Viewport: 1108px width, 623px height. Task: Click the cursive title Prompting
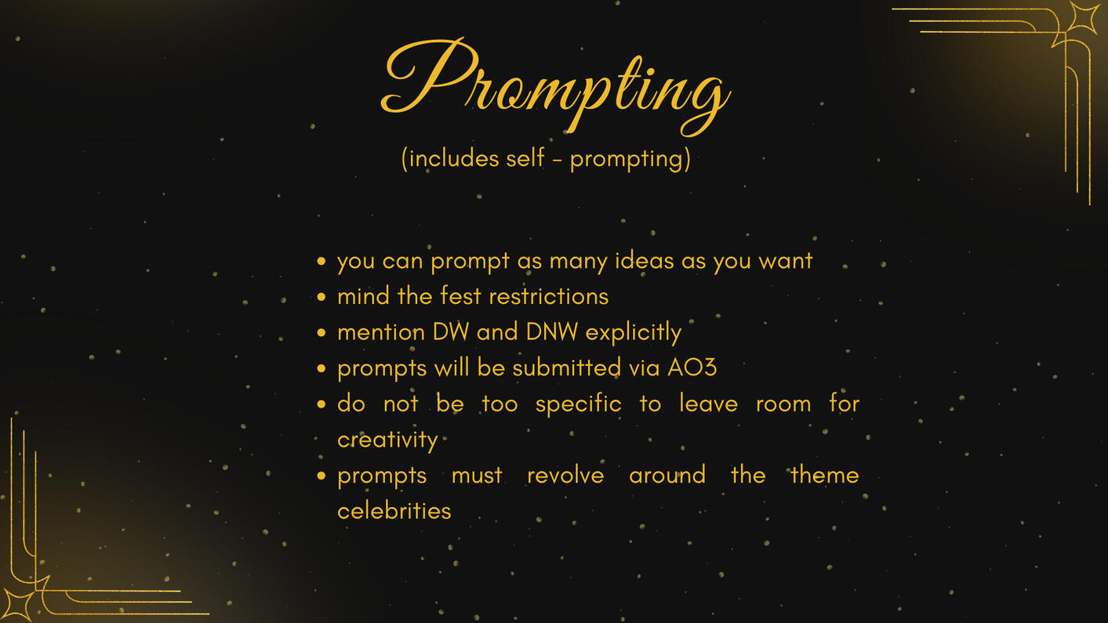pos(555,86)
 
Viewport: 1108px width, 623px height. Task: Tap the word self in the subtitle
pos(525,158)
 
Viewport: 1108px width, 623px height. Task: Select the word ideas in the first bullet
pos(644,260)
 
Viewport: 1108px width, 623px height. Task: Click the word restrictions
pos(549,296)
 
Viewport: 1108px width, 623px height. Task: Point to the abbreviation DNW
pos(551,331)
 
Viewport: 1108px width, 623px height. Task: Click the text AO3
pos(692,368)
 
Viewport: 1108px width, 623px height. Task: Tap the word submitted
pos(566,368)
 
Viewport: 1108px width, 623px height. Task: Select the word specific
pos(578,404)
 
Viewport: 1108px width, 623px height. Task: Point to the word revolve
pos(565,476)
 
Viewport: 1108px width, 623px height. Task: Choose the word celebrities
pos(394,511)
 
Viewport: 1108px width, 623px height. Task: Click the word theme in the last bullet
pos(825,475)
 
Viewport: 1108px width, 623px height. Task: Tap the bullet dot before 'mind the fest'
pos(322,297)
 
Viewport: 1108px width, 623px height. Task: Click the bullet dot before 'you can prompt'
pos(322,261)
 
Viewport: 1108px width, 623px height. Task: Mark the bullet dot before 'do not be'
pos(322,404)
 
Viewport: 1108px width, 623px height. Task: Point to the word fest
pos(460,295)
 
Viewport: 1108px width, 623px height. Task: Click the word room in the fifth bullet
pos(783,404)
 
